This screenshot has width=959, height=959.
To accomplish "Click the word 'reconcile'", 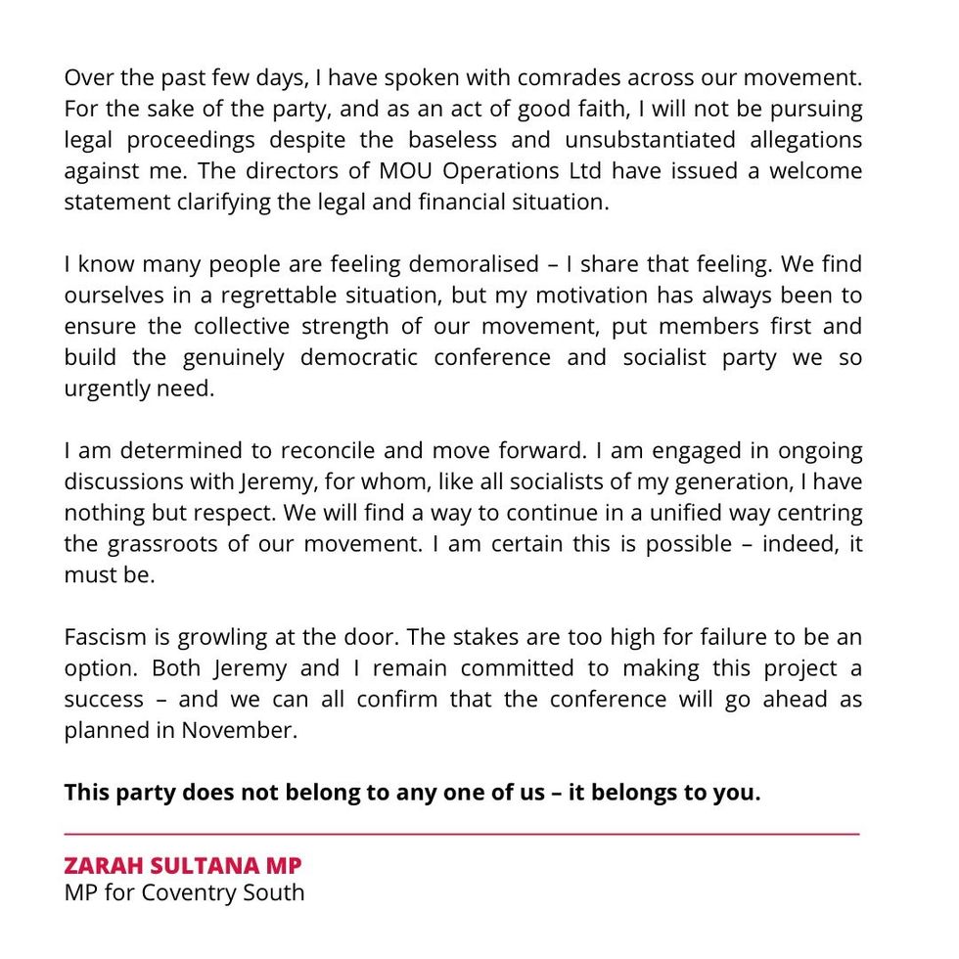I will pyautogui.click(x=328, y=452).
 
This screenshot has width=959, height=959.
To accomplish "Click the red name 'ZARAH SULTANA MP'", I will pyautogui.click(x=183, y=866).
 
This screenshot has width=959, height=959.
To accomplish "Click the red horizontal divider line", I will pyautogui.click(x=461, y=834).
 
